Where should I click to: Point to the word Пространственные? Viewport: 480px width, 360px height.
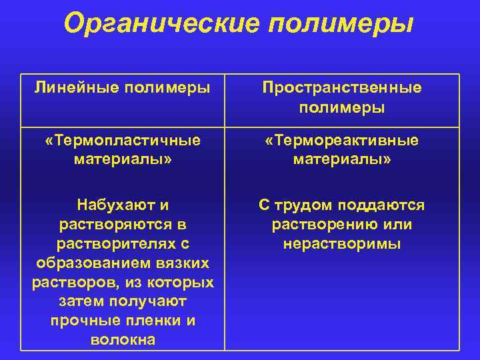pos(342,87)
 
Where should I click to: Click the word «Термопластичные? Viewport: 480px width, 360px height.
pos(123,141)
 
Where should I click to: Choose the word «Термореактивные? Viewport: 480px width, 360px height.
pos(342,141)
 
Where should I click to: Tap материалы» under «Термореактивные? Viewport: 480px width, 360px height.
pos(342,160)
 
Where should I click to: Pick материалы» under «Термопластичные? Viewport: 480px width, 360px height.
pos(123,160)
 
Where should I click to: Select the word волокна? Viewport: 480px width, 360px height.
pos(123,340)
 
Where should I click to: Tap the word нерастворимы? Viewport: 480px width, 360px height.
pos(342,243)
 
